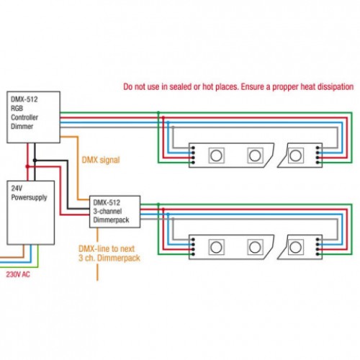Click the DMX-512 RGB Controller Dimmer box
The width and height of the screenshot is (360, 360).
(33, 117)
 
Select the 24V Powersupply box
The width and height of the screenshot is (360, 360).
(31, 212)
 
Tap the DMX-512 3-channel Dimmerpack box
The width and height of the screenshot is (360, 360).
(114, 212)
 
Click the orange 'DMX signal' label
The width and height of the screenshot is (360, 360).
(101, 160)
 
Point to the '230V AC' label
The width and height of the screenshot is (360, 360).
(18, 274)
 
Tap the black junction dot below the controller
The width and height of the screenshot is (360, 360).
(35, 161)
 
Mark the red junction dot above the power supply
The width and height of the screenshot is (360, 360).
(27, 166)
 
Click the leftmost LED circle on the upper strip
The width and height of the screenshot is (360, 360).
(216, 156)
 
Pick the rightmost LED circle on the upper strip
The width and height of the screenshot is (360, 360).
(295, 156)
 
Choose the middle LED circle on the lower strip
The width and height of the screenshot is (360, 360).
(255, 247)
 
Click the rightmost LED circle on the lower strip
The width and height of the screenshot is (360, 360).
(295, 247)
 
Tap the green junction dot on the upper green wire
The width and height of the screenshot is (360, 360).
(158, 112)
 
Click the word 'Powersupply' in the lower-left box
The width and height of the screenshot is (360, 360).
(29, 197)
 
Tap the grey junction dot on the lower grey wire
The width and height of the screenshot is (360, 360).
(173, 219)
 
